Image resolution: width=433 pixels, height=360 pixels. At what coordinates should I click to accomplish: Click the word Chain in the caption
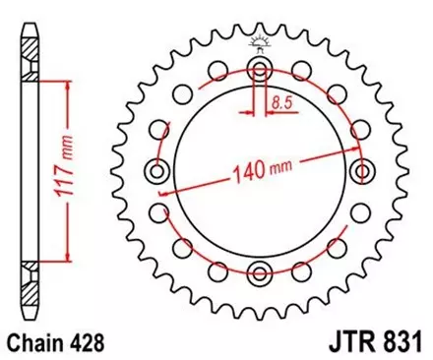(x=31, y=343)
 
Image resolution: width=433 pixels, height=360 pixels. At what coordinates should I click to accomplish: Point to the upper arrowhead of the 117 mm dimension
(x=67, y=89)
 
